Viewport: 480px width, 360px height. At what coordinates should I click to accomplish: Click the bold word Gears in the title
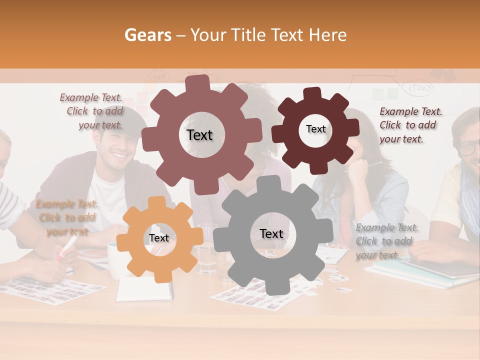click(147, 35)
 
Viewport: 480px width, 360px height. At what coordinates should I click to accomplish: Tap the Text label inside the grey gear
click(271, 234)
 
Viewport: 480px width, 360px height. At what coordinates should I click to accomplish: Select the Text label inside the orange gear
click(159, 238)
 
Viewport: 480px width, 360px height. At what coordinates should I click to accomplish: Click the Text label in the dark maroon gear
click(315, 129)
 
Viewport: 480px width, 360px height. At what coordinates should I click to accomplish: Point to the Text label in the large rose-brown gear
click(199, 135)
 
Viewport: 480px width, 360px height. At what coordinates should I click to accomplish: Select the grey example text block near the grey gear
click(386, 241)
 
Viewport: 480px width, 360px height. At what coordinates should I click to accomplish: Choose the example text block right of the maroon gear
click(410, 125)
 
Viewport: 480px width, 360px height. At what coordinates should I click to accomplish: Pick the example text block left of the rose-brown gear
click(93, 111)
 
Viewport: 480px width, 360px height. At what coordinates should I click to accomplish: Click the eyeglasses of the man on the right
click(470, 147)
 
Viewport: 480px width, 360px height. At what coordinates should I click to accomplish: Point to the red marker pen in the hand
click(67, 248)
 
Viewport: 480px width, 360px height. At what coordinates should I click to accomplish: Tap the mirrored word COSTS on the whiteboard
click(418, 88)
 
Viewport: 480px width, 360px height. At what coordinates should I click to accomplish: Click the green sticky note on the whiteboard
click(392, 94)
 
